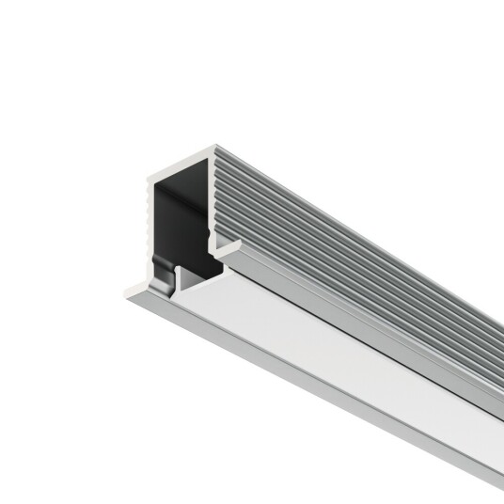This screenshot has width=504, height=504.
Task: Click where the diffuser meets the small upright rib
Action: coord(194,291)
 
